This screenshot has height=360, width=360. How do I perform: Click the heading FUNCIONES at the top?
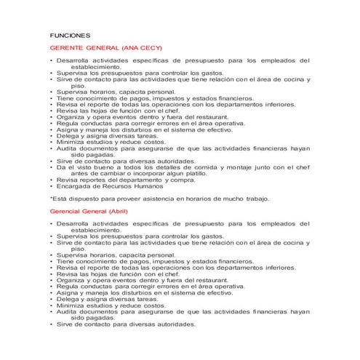(69, 34)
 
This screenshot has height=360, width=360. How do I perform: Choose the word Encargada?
(75, 186)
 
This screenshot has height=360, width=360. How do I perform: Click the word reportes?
(87, 180)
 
